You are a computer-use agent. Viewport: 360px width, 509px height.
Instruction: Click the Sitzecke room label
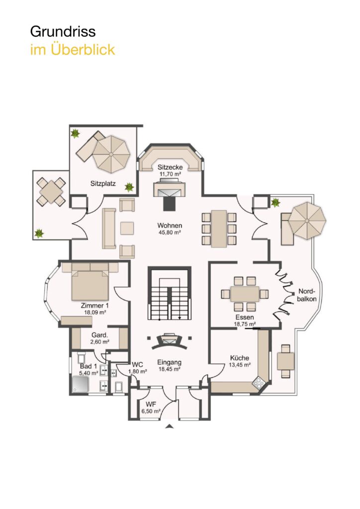(170, 167)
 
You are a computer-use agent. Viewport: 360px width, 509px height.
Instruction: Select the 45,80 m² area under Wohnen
(169, 232)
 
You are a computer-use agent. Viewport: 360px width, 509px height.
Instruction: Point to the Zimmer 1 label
(95, 306)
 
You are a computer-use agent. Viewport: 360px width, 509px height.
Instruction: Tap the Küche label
(240, 358)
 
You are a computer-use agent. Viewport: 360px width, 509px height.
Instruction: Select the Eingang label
(170, 362)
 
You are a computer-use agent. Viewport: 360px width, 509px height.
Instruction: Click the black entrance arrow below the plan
(169, 426)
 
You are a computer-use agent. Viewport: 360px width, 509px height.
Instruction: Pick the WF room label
(151, 405)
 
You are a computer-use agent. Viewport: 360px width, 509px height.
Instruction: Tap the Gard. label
(99, 335)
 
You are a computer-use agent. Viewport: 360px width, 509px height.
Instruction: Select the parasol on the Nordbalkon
(307, 221)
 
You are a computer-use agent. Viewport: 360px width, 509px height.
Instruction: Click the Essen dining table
(245, 294)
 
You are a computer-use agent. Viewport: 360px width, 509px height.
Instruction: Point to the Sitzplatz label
(103, 184)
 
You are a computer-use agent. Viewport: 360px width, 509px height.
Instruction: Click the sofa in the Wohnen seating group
(109, 229)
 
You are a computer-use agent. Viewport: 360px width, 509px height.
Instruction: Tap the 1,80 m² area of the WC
(138, 371)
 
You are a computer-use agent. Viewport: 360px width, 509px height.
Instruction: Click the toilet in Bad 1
(81, 358)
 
